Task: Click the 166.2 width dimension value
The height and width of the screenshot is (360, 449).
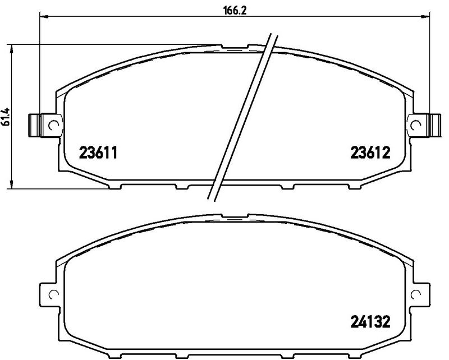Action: pos(235,10)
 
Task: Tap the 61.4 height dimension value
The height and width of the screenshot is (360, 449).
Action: pos(6,117)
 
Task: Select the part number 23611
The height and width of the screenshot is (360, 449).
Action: pos(98,153)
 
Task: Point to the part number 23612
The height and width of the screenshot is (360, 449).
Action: pos(370,153)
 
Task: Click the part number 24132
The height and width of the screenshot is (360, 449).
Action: pos(370,322)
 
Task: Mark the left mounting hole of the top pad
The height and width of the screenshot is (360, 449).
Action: pos(53,125)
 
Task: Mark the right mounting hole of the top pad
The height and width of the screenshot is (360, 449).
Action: pos(415,125)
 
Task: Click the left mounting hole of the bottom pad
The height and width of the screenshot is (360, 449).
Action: pos(53,294)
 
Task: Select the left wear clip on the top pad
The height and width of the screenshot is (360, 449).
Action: pos(34,125)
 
